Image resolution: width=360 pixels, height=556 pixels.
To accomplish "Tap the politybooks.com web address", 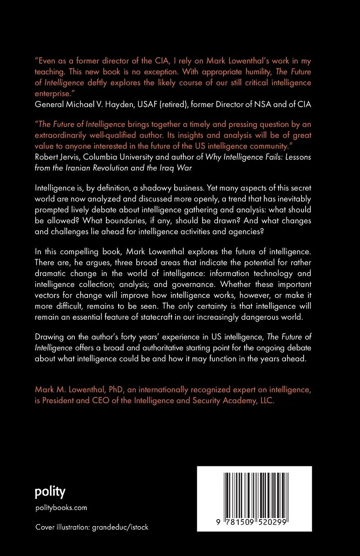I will (61, 508).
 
